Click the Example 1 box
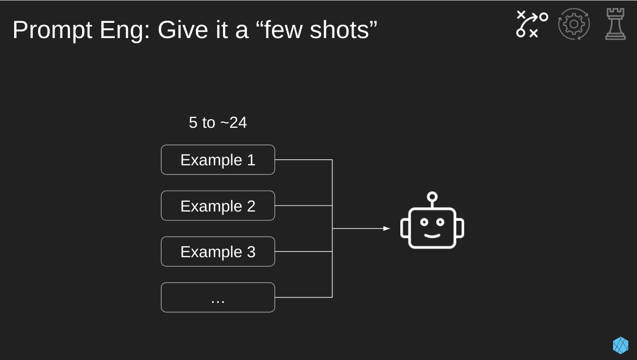[x=218, y=160]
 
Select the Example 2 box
[x=218, y=206]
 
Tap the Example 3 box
[x=218, y=252]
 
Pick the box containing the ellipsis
[x=218, y=297]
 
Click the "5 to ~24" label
[x=218, y=122]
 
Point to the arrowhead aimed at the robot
[x=386, y=228]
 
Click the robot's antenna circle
[x=432, y=197]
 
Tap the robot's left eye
[x=424, y=222]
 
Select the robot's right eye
[x=441, y=222]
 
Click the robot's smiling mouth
[x=432, y=235]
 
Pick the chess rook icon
[x=615, y=24]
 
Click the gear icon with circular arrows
[x=573, y=24]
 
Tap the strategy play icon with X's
[x=532, y=24]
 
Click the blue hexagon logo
[x=620, y=345]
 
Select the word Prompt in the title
[x=52, y=30]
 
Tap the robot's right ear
[x=460, y=228]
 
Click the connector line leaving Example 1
[x=304, y=160]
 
